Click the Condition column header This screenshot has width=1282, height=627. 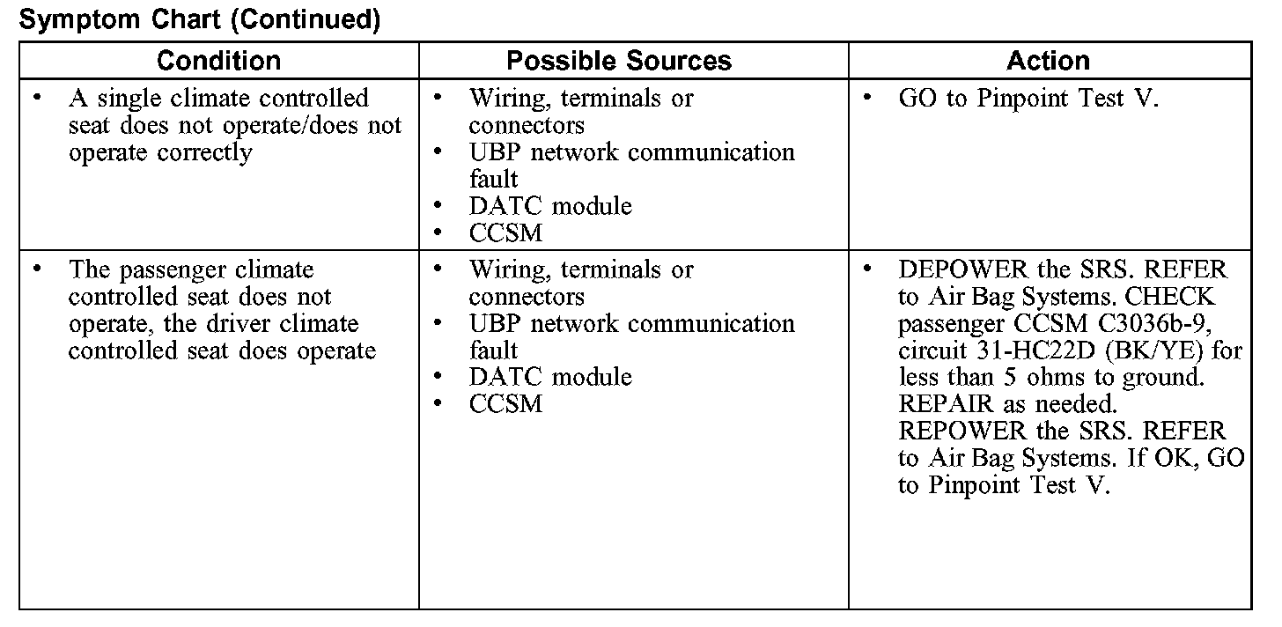click(x=218, y=61)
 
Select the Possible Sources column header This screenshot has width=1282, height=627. click(x=619, y=61)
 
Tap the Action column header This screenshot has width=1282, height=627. click(x=1048, y=61)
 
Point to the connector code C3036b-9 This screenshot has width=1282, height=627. click(x=1152, y=323)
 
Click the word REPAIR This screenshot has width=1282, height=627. click(x=942, y=404)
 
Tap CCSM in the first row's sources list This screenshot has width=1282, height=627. click(x=505, y=233)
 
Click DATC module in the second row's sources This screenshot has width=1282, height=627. click(x=550, y=377)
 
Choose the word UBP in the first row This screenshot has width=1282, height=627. click(x=495, y=152)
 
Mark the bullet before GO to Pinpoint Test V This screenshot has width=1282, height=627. click(x=867, y=98)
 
